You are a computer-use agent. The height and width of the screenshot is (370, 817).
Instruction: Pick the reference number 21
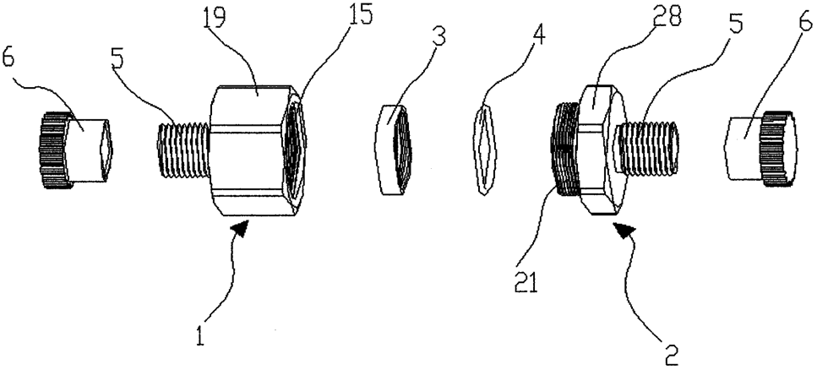(526, 285)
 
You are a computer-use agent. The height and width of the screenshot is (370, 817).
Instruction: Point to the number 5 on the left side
(117, 58)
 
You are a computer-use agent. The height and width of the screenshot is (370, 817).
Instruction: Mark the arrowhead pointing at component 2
(624, 230)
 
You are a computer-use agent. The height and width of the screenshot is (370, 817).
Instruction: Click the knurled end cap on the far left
(74, 149)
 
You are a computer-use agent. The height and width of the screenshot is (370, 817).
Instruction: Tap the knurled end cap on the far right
(761, 148)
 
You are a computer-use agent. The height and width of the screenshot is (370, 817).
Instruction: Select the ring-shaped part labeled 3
(395, 149)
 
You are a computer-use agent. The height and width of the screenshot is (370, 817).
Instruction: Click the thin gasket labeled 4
(485, 149)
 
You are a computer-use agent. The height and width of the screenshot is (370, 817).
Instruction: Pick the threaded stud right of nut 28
(646, 148)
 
